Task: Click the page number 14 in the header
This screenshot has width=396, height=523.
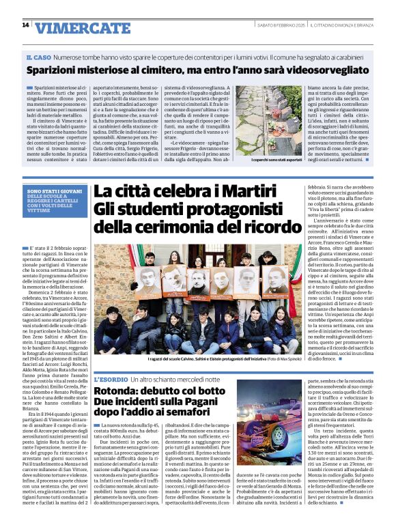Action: click(25, 25)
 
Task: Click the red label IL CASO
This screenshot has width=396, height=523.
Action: click(38, 57)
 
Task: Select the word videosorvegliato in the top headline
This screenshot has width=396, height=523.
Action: click(320, 69)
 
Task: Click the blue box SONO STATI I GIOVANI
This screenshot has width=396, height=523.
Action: click(48, 173)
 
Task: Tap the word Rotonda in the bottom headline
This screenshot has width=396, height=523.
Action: click(119, 392)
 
